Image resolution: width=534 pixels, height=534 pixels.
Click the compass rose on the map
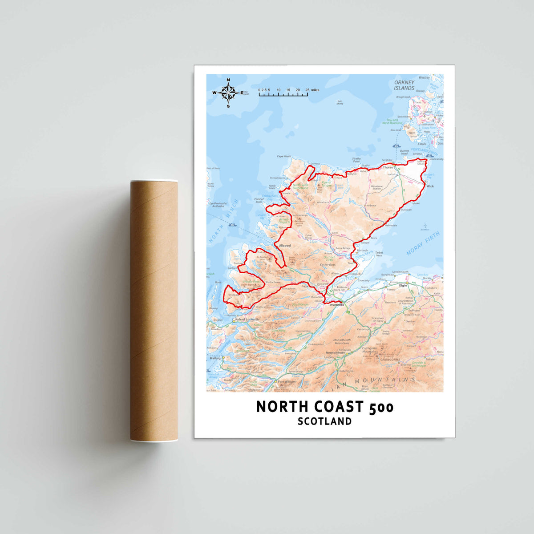click(x=228, y=93)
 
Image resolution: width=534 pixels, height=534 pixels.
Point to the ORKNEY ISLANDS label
click(x=404, y=85)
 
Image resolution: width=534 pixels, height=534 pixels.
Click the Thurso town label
click(x=388, y=167)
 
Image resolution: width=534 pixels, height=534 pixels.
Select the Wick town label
click(x=430, y=186)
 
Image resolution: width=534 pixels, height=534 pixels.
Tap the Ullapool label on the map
click(x=284, y=245)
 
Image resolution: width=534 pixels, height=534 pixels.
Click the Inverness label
click(x=336, y=305)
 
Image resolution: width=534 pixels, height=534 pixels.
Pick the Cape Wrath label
click(x=284, y=156)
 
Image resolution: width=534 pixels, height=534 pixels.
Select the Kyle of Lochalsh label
click(x=247, y=320)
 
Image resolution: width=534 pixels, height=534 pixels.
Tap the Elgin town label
click(x=403, y=285)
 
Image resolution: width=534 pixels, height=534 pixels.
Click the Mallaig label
click(x=215, y=358)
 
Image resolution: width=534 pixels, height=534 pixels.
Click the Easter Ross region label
click(x=328, y=265)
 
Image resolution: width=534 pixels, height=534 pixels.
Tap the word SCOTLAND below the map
click(x=325, y=421)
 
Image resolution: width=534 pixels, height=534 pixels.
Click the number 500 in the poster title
click(x=381, y=407)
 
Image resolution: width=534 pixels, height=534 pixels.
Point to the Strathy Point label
click(x=356, y=160)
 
